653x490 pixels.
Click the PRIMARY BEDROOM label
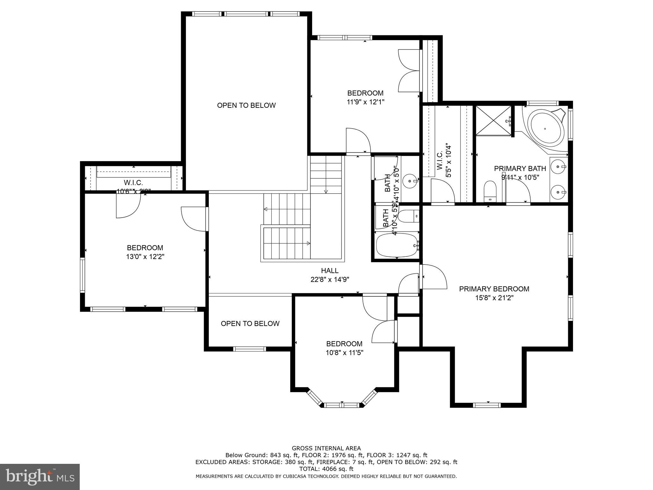[494, 289]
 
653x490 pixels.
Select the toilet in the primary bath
[490, 191]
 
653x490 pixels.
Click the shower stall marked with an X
[493, 121]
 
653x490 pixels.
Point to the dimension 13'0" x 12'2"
[145, 257]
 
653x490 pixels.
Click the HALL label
[330, 271]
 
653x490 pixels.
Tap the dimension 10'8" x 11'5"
[344, 353]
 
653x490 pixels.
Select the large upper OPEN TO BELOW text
[246, 106]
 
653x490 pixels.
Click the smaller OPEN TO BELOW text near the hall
[250, 324]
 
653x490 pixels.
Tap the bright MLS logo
[40, 477]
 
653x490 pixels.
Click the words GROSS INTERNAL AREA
[326, 448]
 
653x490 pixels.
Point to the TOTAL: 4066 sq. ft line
[326, 469]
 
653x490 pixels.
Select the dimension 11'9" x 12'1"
[365, 102]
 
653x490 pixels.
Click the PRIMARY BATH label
[520, 168]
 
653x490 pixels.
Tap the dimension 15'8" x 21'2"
[494, 298]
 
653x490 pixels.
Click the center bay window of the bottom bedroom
[342, 405]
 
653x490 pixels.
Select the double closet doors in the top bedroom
[409, 71]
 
